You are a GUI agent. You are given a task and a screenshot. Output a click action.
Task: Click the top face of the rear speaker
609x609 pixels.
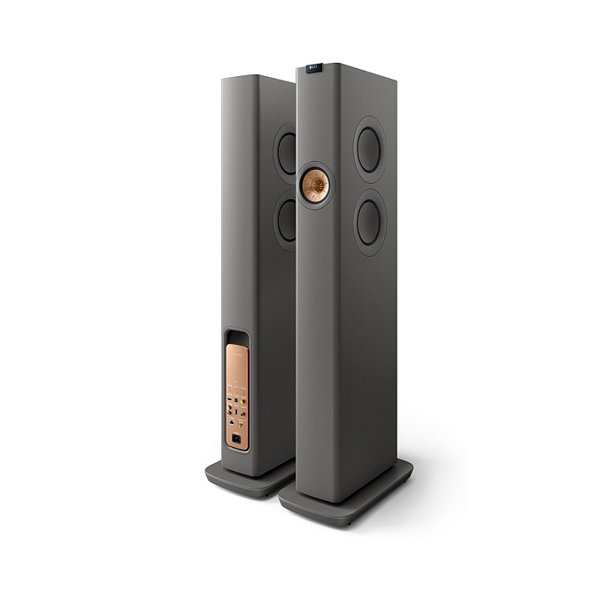pos(257,77)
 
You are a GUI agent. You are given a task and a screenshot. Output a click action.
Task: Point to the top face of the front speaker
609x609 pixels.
pos(345,69)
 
